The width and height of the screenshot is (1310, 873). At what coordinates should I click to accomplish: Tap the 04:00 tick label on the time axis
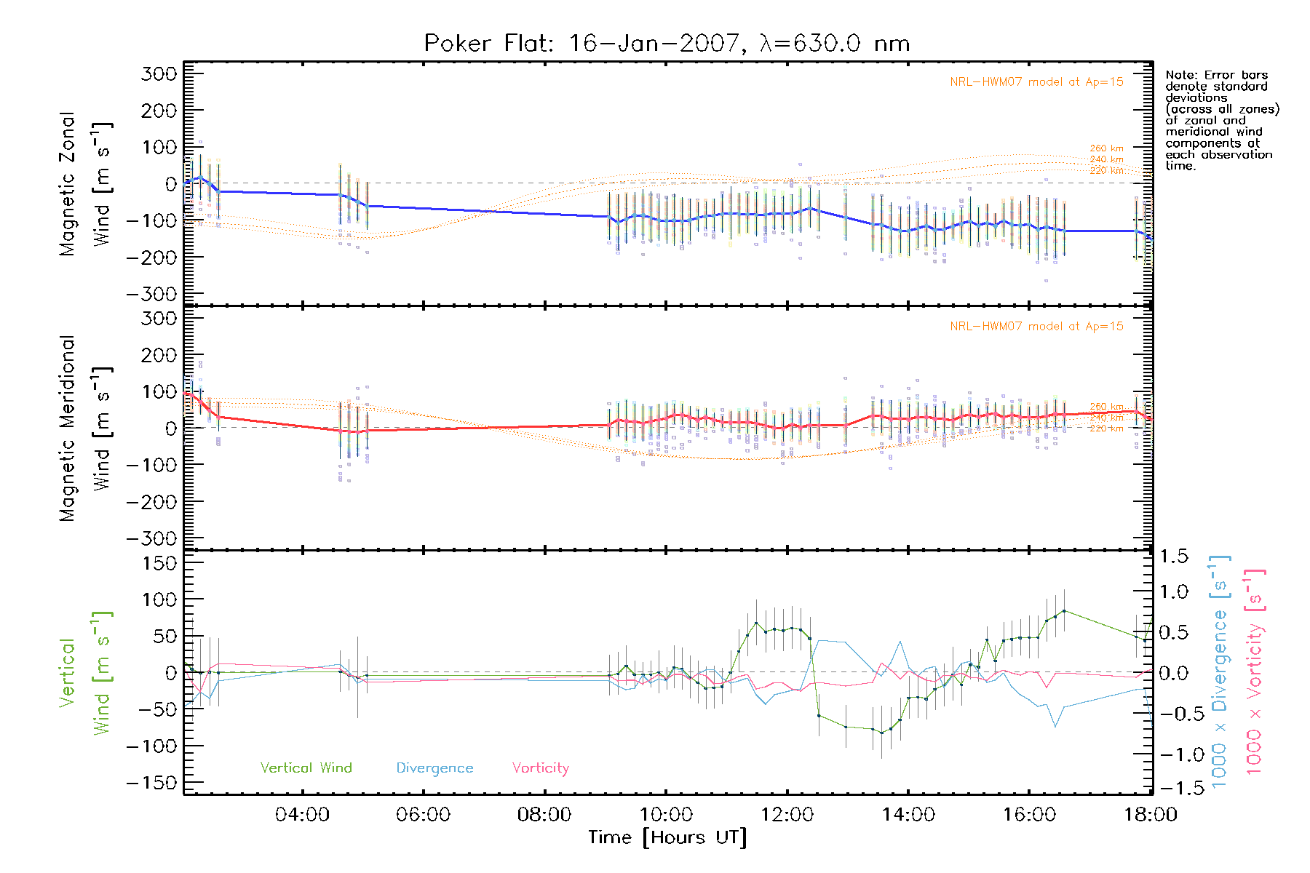tap(302, 815)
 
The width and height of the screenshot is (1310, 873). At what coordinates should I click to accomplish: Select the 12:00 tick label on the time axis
tap(787, 815)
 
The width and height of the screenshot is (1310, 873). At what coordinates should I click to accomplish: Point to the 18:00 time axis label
tap(1150, 815)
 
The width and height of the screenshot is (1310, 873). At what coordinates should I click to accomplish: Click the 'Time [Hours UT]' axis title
tap(667, 838)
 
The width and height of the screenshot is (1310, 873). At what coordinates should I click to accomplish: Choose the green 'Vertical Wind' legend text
tap(306, 768)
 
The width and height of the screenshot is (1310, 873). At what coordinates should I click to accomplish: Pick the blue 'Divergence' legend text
tap(434, 768)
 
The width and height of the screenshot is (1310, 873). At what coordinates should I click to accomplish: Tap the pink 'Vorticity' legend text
tap(540, 768)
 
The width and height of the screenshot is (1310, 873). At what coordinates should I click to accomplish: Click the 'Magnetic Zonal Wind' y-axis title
tap(86, 183)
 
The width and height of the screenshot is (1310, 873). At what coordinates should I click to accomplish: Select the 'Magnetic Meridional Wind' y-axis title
tap(86, 428)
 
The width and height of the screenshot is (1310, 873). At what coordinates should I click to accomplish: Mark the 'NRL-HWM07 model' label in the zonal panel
tap(1036, 82)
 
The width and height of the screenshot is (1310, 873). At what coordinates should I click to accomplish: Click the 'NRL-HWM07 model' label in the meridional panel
tap(1036, 327)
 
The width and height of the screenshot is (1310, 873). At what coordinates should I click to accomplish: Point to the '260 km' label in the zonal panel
tap(1106, 148)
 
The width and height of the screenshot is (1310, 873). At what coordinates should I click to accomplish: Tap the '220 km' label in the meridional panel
tap(1106, 428)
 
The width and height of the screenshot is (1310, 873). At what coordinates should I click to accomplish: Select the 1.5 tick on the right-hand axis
tap(1173, 557)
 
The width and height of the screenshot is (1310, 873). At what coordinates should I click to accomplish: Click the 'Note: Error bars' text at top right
tap(1217, 75)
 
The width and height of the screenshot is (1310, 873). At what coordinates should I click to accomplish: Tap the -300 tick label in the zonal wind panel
tap(151, 294)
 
